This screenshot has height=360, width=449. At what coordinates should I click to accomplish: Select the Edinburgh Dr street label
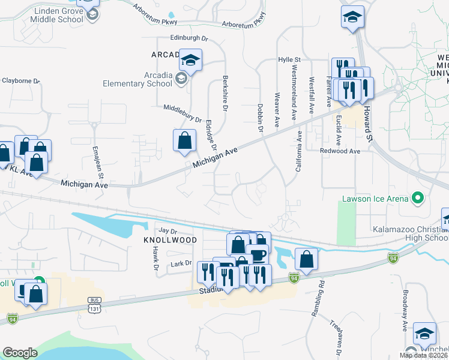tap(188, 38)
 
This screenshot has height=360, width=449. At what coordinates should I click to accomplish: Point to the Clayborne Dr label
tap(20, 80)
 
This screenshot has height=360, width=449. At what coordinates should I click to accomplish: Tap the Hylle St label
tap(289, 60)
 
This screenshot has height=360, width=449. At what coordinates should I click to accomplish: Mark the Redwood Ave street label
tap(340, 151)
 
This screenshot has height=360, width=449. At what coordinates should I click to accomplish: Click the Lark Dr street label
tap(181, 263)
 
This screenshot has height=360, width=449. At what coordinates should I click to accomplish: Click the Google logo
tap(20, 352)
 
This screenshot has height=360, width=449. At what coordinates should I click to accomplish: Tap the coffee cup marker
tap(257, 256)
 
